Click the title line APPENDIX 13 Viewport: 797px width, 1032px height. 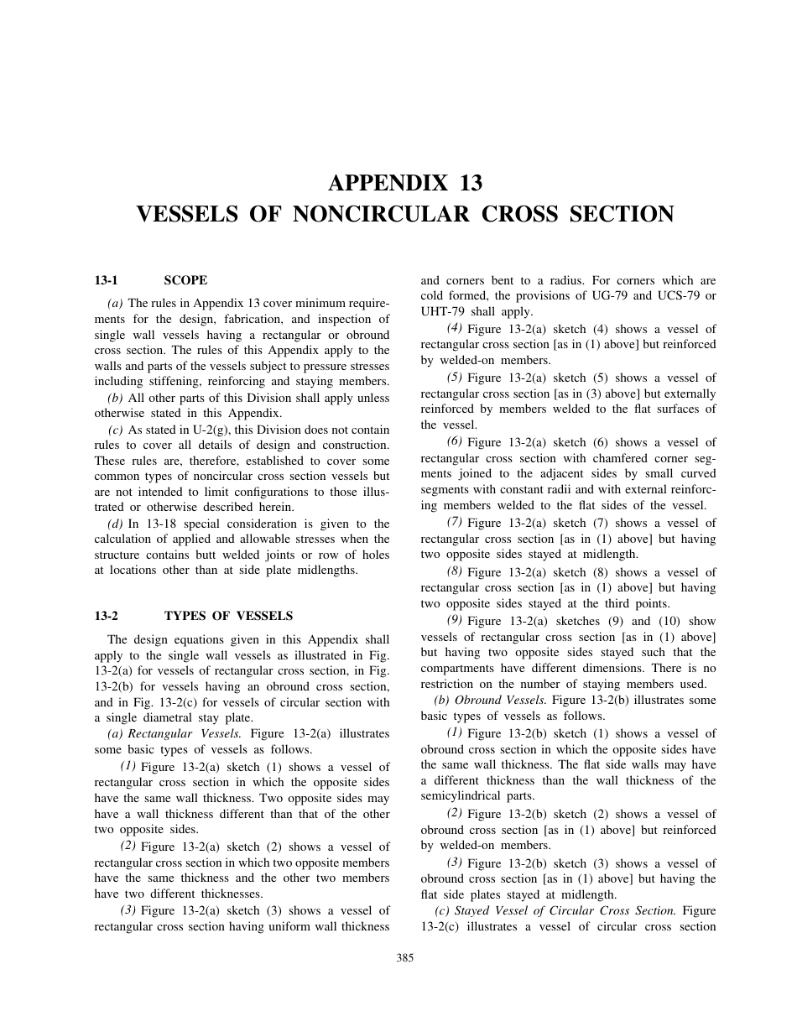(405, 183)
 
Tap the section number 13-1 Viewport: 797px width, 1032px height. (106, 280)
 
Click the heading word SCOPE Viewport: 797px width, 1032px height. (185, 280)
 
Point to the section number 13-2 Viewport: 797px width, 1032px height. (106, 616)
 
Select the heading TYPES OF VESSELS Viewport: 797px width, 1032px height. (228, 616)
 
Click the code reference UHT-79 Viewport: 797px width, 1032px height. (442, 311)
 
